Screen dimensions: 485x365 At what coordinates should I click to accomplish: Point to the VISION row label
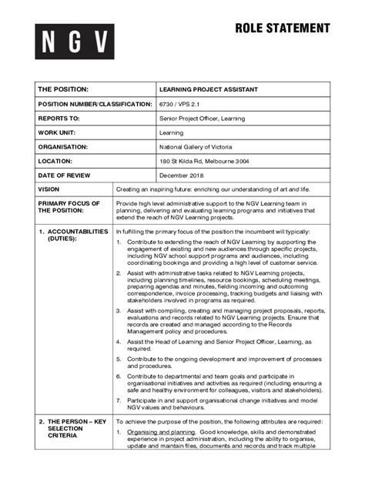click(x=49, y=189)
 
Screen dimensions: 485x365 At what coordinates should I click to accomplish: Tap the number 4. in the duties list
click(x=119, y=341)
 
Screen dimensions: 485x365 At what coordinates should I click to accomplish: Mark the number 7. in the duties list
click(x=119, y=400)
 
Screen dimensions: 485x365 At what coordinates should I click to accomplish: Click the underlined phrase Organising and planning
click(x=161, y=433)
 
